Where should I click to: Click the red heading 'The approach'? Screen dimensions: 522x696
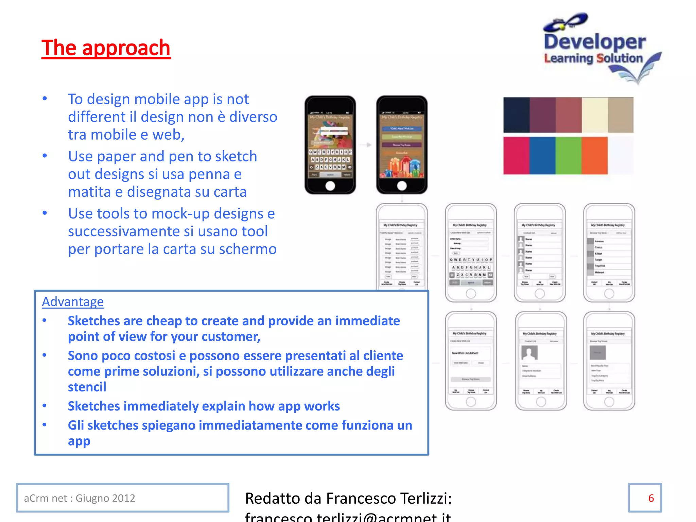[106, 48]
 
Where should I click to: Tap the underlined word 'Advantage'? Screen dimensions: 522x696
[73, 302]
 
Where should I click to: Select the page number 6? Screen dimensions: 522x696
[651, 498]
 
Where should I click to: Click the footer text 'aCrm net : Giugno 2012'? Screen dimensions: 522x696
[80, 498]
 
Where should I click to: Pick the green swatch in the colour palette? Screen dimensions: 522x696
[568, 156]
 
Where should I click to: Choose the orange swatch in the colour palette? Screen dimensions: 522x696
[594, 156]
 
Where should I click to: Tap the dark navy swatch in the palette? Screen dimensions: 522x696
[516, 115]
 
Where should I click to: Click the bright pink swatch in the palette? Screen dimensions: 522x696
[516, 156]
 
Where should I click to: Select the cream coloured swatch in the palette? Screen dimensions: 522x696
[594, 115]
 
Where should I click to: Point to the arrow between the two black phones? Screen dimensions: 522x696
[366, 145]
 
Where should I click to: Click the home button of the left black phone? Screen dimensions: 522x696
[330, 186]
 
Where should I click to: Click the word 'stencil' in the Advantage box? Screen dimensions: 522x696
[87, 387]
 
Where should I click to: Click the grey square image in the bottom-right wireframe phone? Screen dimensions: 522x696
[597, 353]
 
